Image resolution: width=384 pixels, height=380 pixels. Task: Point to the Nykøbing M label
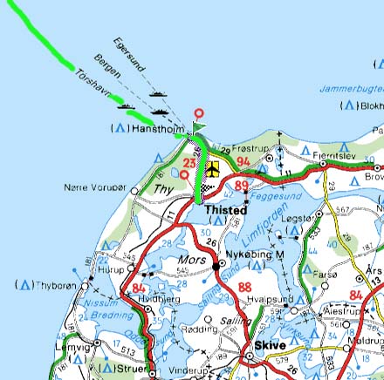[256, 254]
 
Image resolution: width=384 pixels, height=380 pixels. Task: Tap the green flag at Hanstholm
[199, 127]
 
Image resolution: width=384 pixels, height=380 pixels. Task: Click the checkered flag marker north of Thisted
[205, 187]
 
